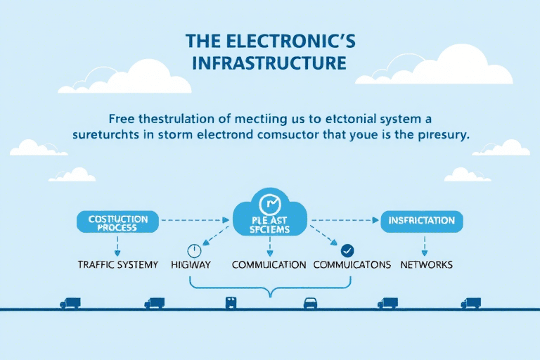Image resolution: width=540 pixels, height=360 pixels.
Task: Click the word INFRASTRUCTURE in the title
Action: [x=270, y=63]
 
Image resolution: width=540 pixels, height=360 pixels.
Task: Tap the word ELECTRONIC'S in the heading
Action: [x=295, y=40]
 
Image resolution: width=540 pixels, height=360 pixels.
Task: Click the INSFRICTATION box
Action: [x=422, y=221]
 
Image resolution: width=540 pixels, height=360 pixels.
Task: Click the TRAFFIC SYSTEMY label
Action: [x=117, y=265]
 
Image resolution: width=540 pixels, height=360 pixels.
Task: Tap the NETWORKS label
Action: [x=426, y=265]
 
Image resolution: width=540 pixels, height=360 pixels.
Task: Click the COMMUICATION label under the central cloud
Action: [x=269, y=265]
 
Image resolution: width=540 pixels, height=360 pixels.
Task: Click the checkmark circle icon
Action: [x=346, y=250]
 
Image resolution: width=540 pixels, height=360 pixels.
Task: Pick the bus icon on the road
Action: [x=231, y=302]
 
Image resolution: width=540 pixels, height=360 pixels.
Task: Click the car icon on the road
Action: [x=310, y=302]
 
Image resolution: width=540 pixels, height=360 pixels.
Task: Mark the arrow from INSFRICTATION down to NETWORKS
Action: [x=424, y=245]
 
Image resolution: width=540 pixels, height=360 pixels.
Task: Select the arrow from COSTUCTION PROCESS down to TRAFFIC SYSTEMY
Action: [x=117, y=245]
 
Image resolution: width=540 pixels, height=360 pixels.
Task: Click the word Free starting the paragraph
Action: [x=122, y=117]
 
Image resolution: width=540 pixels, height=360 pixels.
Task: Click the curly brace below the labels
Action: [x=270, y=288]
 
